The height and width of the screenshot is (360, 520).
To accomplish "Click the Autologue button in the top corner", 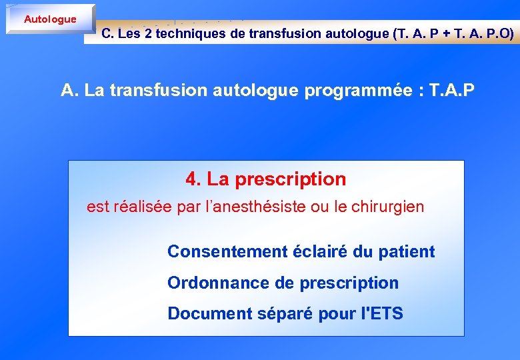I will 50,19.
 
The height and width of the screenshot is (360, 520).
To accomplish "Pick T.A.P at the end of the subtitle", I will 453,90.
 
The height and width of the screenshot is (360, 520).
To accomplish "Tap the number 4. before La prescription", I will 193,179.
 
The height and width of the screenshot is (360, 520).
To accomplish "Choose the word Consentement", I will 227,251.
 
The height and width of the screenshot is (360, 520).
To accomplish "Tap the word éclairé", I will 316,251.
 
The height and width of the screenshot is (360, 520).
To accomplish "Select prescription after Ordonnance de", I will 349,283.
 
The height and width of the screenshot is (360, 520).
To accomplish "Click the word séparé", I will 272,314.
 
